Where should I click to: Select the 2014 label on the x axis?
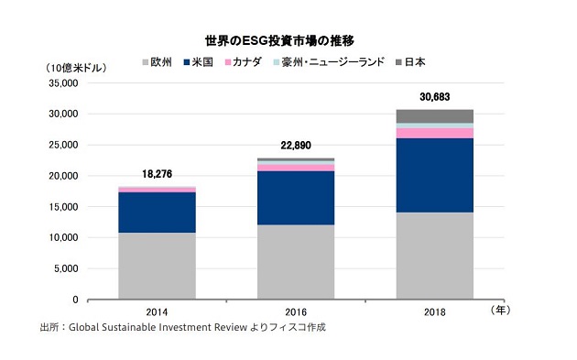(x=157, y=311)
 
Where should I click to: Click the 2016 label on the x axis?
(x=295, y=311)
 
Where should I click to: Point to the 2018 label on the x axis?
(x=434, y=311)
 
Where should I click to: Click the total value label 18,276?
(x=157, y=173)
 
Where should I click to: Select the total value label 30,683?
(x=434, y=96)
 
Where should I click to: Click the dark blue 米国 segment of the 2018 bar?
(x=434, y=175)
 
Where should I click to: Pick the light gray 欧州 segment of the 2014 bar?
(x=157, y=266)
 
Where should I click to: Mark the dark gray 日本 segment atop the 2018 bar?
(x=434, y=115)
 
